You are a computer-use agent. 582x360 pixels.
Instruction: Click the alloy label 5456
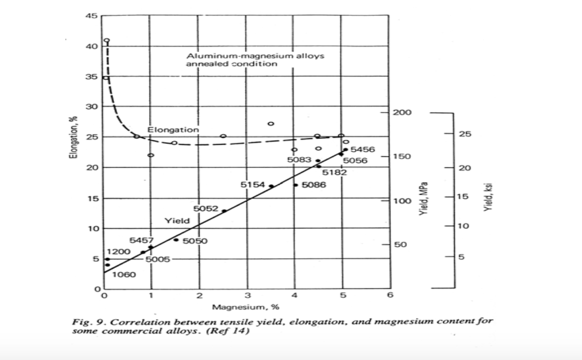click(362, 149)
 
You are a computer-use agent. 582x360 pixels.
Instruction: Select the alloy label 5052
click(206, 209)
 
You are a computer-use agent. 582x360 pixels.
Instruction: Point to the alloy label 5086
click(313, 185)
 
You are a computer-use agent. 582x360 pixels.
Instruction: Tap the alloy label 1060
click(124, 275)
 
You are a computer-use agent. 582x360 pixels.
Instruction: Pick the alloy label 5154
click(253, 184)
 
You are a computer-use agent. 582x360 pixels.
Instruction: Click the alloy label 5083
click(299, 160)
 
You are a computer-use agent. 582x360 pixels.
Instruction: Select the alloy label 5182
click(335, 172)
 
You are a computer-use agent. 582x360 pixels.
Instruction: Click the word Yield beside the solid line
click(173, 220)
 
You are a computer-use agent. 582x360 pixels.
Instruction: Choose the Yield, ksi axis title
click(487, 198)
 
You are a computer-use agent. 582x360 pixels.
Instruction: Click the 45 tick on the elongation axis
click(91, 16)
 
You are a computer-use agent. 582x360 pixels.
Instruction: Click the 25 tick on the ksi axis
click(464, 135)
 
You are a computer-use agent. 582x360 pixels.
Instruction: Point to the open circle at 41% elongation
click(106, 40)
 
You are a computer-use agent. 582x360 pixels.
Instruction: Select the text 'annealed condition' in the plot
click(232, 64)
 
